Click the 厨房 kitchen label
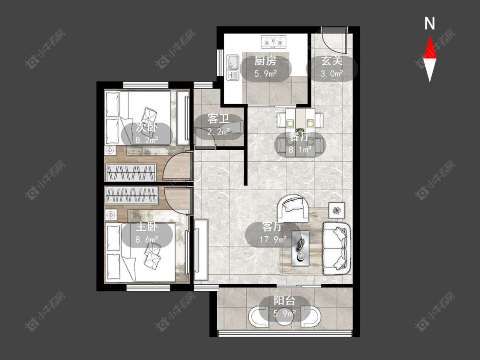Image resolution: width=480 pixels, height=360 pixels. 265,61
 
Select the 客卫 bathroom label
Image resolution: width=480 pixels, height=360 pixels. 218,119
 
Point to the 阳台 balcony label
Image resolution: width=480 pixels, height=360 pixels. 285,301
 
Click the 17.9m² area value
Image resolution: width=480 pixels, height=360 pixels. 273,239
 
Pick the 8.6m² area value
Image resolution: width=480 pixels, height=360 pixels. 147,239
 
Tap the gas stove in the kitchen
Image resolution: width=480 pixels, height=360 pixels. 273,42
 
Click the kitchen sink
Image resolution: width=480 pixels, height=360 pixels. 233,67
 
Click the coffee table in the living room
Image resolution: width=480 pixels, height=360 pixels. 300,248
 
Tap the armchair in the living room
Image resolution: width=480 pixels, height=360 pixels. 293,209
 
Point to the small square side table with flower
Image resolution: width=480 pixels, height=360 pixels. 337,210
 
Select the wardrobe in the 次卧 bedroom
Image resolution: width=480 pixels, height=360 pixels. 131,172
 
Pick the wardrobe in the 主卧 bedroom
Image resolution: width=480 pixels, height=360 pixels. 131,195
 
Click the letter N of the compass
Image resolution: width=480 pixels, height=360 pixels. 430,23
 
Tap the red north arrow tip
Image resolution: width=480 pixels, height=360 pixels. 430,35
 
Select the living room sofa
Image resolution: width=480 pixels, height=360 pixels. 337,248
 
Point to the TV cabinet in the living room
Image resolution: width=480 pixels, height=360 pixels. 201,250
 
